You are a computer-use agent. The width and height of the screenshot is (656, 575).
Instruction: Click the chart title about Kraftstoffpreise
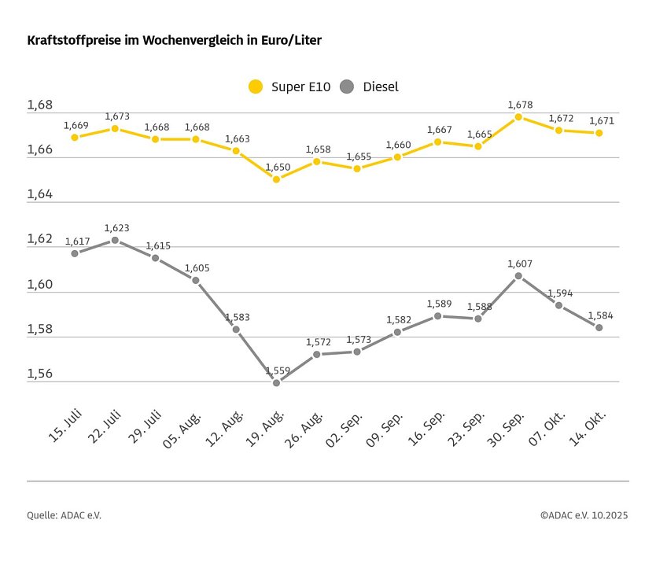174,39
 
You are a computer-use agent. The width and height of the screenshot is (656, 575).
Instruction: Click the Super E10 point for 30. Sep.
518,116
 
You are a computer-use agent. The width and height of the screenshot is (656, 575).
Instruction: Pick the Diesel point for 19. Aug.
276,383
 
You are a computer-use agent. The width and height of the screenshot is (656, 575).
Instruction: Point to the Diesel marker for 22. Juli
115,240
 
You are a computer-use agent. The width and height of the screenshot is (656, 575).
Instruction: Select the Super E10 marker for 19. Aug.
276,179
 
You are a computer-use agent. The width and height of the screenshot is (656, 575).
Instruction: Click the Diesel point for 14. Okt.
599,327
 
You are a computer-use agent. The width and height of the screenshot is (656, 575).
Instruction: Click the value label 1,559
278,370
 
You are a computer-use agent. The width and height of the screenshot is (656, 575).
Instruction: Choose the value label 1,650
278,167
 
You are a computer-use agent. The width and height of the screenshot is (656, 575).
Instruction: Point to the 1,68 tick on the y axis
39,105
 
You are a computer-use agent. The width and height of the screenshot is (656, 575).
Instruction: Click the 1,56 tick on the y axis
39,374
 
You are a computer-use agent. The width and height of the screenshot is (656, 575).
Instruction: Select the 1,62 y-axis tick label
39,239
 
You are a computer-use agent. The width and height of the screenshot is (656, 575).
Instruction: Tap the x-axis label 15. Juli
65,426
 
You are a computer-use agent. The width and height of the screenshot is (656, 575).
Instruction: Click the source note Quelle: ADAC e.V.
64,515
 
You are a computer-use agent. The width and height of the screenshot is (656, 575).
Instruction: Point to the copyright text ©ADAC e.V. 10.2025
584,515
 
